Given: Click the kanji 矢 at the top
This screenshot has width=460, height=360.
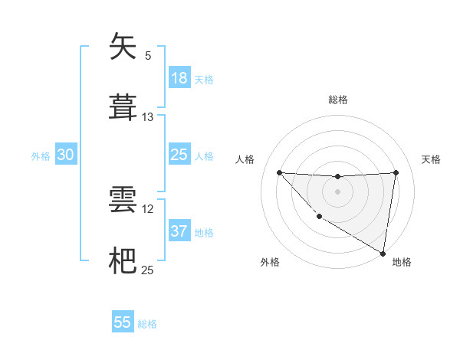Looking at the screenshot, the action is [x=123, y=47].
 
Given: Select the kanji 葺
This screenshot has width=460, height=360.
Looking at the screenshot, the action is [x=123, y=106].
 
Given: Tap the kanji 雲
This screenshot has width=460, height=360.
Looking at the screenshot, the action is [x=123, y=199].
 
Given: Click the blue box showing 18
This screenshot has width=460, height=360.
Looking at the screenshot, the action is [x=179, y=78].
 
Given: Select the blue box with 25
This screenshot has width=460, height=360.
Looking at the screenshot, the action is [x=179, y=155].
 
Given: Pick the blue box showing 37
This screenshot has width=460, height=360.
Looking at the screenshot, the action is [x=179, y=231].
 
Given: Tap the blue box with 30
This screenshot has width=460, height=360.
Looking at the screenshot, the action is [x=66, y=155].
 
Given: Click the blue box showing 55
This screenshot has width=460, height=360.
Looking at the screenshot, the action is [x=123, y=322].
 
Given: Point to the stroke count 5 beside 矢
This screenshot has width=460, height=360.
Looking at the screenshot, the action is [x=148, y=56].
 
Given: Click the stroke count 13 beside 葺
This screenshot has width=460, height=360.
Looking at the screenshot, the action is [x=148, y=117].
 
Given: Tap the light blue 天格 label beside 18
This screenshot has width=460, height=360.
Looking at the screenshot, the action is [x=204, y=80].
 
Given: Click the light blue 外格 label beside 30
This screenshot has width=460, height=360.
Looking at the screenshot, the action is [x=41, y=156].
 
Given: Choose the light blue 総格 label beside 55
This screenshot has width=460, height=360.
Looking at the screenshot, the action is [x=147, y=324].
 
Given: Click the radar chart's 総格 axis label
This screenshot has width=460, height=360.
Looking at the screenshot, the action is [x=337, y=100].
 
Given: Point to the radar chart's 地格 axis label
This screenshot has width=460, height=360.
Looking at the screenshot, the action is [x=402, y=262].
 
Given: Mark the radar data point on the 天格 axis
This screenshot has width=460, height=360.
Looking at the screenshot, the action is [x=396, y=172].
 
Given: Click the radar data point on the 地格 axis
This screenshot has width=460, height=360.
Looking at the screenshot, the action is [x=383, y=253].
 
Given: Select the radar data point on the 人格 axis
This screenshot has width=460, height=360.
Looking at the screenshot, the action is [x=279, y=172].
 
